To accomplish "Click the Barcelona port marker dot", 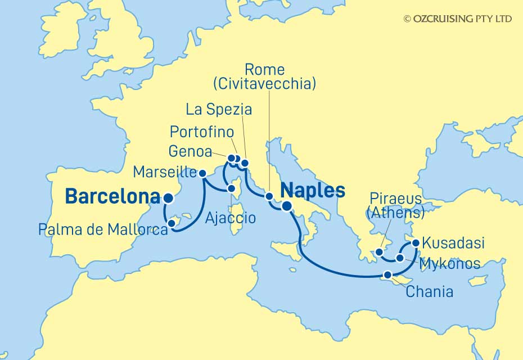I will pos(168,197).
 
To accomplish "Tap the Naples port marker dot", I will pos(287,206).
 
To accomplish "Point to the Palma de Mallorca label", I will pos(103,229).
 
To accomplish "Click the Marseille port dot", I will pos(203,173).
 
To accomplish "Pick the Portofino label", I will pos(201,132).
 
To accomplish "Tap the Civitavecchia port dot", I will pos(269,196).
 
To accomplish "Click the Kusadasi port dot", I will pos(416,243).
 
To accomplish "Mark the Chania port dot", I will pos(387,275).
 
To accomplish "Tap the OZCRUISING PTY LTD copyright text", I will pos(458,19).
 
